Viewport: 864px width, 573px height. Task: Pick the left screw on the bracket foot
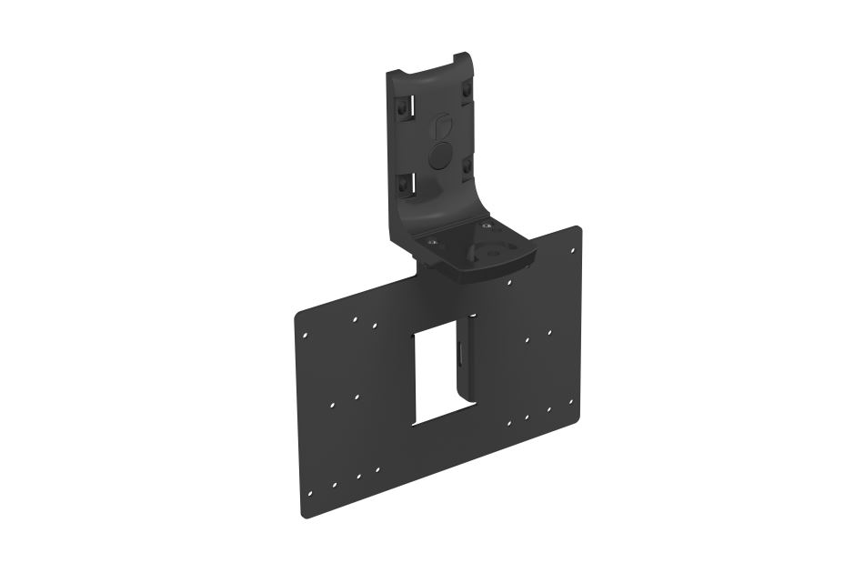(x=432, y=242)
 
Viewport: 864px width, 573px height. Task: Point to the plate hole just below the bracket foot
(x=507, y=283)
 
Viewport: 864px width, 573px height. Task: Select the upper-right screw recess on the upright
(x=467, y=93)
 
